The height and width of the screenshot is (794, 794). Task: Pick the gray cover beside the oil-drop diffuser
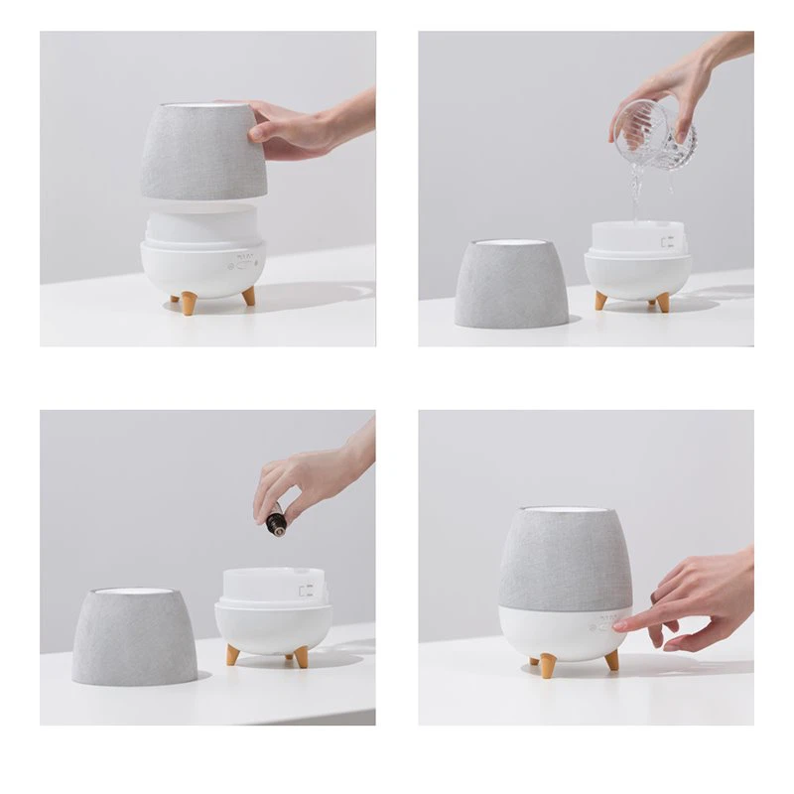point(134,635)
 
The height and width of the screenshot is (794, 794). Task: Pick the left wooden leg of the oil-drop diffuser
point(233,654)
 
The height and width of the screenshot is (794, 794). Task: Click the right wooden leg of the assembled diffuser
point(611,660)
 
